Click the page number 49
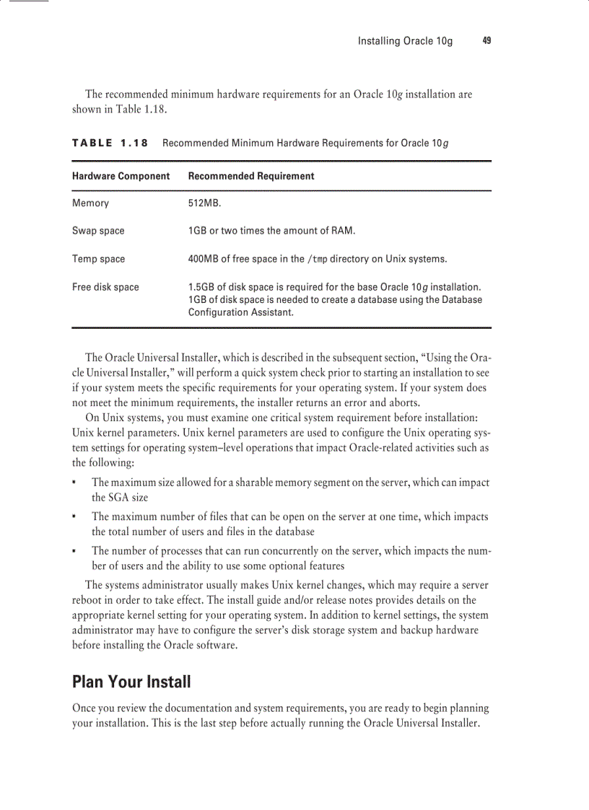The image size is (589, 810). [487, 41]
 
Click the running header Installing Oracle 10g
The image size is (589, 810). [405, 41]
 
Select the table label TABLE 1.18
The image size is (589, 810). [110, 143]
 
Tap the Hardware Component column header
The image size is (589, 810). [121, 176]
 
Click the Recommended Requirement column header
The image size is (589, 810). [250, 176]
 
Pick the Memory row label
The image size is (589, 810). [90, 203]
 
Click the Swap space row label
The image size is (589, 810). [98, 231]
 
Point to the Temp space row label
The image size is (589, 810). [98, 259]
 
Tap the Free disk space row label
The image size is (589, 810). [105, 287]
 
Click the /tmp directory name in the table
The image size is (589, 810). [317, 259]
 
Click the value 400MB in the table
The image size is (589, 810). [204, 259]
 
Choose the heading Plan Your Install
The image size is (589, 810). [131, 682]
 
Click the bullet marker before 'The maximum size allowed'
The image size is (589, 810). [75, 483]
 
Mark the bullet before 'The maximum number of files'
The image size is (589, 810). [75, 517]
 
